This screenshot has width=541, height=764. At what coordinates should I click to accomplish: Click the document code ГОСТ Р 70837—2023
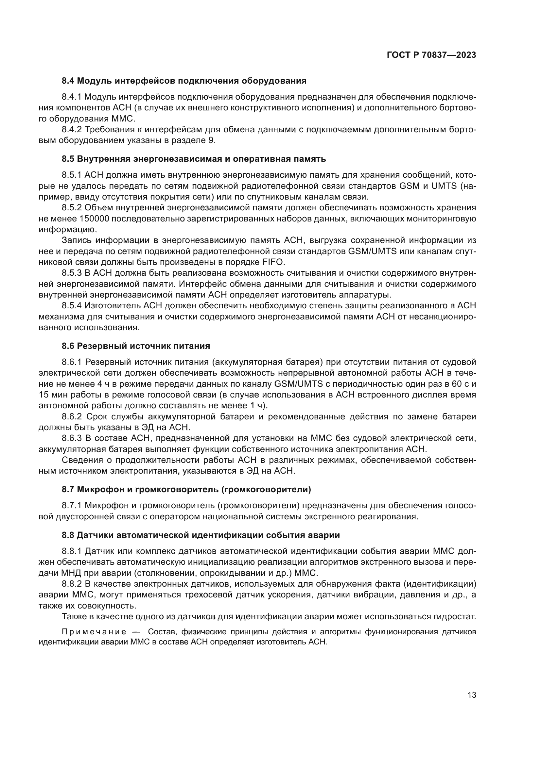click(x=431, y=55)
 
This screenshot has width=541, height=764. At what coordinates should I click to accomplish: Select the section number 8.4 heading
click(x=69, y=81)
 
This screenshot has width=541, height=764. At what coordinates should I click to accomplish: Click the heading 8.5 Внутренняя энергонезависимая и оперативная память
click(x=194, y=159)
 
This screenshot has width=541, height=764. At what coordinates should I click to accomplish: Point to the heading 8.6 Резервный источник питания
click(x=136, y=346)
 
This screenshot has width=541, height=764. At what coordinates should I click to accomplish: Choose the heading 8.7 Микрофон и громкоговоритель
click(x=186, y=490)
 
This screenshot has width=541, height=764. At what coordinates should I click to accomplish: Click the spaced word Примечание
click(x=94, y=632)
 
